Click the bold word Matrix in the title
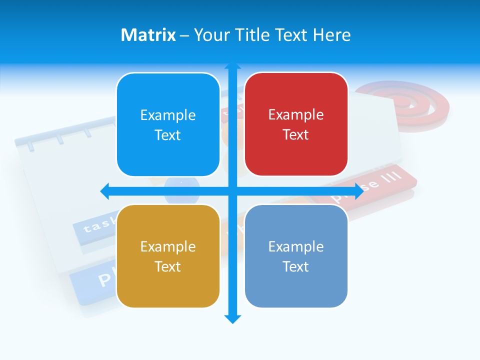(x=148, y=35)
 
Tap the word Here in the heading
(x=331, y=35)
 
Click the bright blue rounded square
(x=168, y=124)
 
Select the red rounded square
(x=296, y=124)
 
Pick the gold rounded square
(x=168, y=256)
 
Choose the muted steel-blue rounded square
(x=296, y=256)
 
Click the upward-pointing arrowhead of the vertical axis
(x=232, y=66)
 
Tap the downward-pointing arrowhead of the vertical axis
(x=232, y=318)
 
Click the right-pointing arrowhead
(x=358, y=191)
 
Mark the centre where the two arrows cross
(x=232, y=191)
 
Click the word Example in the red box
(x=296, y=114)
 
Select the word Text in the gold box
(x=168, y=266)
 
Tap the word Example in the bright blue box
(x=168, y=115)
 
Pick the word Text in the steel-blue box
(x=296, y=266)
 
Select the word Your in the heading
(x=209, y=35)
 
